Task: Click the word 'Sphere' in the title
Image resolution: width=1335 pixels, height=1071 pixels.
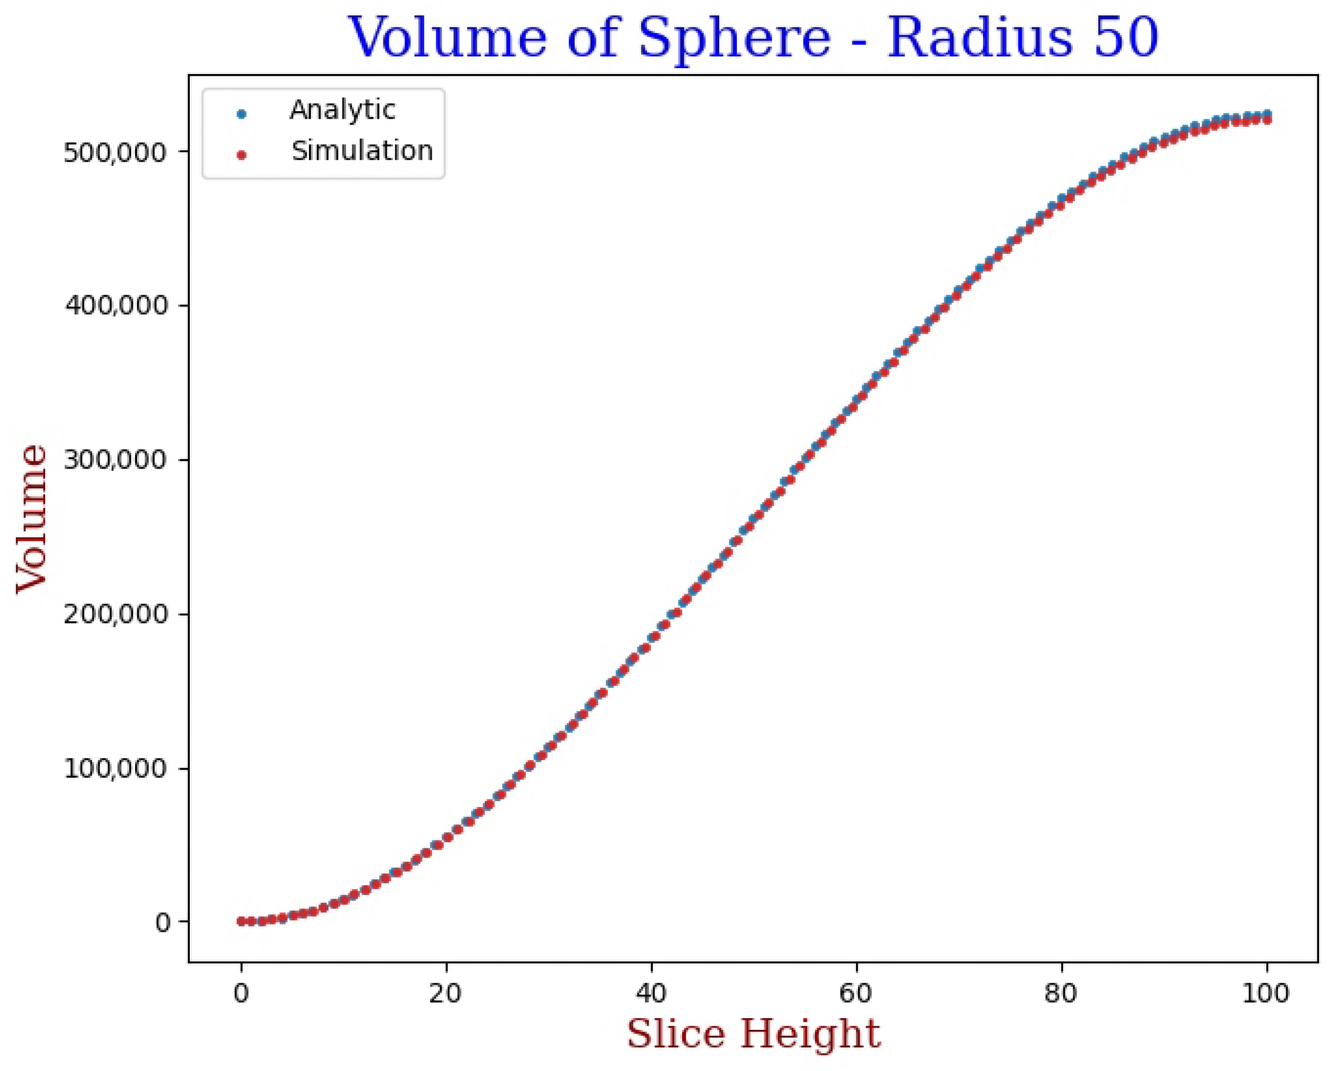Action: pyautogui.click(x=734, y=38)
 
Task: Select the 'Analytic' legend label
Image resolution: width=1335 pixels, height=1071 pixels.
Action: pyautogui.click(x=342, y=111)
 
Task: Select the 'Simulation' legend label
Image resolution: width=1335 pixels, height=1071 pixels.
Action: pyautogui.click(x=362, y=151)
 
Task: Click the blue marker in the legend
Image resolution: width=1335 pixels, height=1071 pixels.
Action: pyautogui.click(x=242, y=114)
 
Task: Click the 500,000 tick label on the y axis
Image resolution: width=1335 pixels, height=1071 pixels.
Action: pyautogui.click(x=116, y=152)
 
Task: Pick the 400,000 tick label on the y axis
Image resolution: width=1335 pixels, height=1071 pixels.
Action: pyautogui.click(x=116, y=306)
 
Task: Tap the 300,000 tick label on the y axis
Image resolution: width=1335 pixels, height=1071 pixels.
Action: pyautogui.click(x=116, y=460)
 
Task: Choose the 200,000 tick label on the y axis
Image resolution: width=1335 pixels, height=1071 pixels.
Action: pyautogui.click(x=116, y=614)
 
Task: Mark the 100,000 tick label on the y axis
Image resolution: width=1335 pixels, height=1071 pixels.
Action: pyautogui.click(x=116, y=769)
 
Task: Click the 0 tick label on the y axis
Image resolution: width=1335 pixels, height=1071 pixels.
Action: pyautogui.click(x=162, y=923)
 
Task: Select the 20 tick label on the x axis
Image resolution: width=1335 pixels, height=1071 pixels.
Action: pyautogui.click(x=446, y=993)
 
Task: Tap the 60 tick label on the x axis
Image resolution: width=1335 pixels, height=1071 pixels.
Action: pyautogui.click(x=856, y=993)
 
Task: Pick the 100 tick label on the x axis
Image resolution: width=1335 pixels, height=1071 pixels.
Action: pyautogui.click(x=1266, y=993)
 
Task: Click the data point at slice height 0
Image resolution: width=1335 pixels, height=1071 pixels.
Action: pyautogui.click(x=241, y=921)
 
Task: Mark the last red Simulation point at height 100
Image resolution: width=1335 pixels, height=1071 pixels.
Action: pyautogui.click(x=1267, y=119)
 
